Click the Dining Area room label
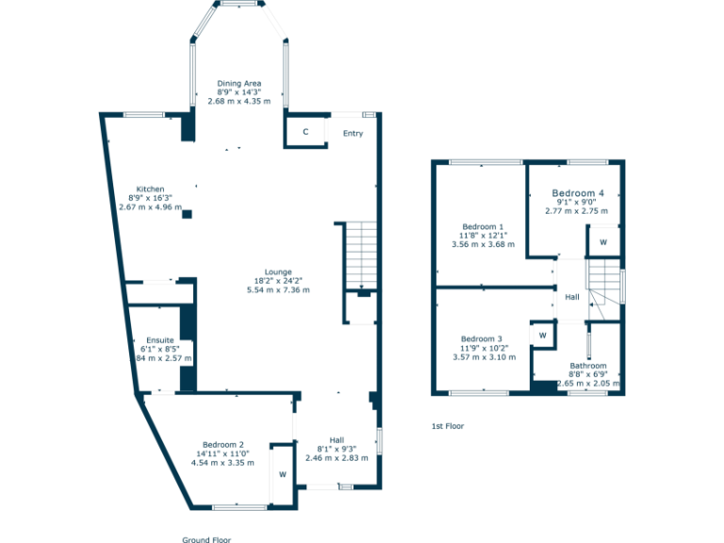pos(239,83)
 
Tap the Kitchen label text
pos(150,189)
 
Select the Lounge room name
pos(278,271)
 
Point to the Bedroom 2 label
pos(222,445)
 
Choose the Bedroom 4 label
pos(577,192)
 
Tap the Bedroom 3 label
pos(481,339)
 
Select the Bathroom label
pos(587,366)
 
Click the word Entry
pos(353,134)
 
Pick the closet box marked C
pos(305,132)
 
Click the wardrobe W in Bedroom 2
pos(282,474)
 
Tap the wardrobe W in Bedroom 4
pos(602,242)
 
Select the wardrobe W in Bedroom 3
pos(542,335)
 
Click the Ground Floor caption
pos(206,539)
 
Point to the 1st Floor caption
pos(448,426)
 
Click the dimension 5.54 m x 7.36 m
pos(278,289)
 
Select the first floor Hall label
pos(572,298)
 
